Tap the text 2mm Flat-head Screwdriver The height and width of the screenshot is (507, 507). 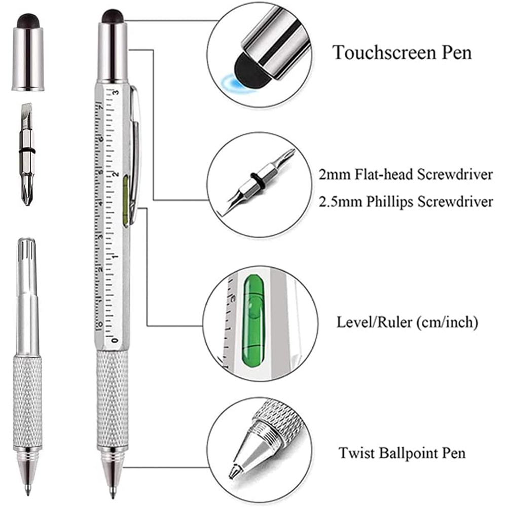406,175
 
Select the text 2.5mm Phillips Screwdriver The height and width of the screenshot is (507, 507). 406,202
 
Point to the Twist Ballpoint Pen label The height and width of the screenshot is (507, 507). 402,452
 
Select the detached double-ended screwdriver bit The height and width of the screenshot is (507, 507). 27,152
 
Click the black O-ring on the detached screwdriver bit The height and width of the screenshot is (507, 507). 27,151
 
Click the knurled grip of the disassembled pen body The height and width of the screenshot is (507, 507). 27,401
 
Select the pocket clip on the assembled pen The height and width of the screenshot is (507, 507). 134,152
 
